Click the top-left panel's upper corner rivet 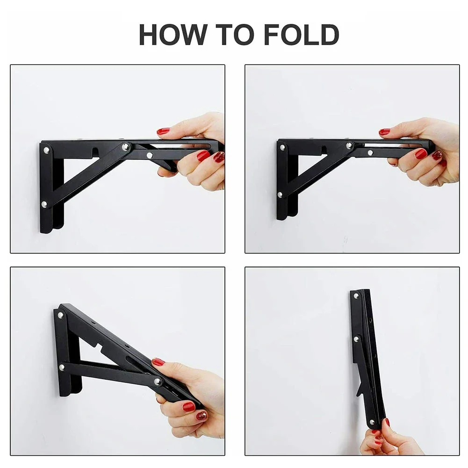(47, 150)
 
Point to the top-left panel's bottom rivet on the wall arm (44, 204)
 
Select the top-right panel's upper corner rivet (282, 147)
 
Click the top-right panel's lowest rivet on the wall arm (280, 195)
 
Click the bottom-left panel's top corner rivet (61, 315)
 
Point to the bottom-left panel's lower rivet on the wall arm (62, 367)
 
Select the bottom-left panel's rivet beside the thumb (158, 381)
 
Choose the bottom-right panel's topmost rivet (356, 296)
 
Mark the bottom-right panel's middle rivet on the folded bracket (356, 339)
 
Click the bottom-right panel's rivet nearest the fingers (372, 422)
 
